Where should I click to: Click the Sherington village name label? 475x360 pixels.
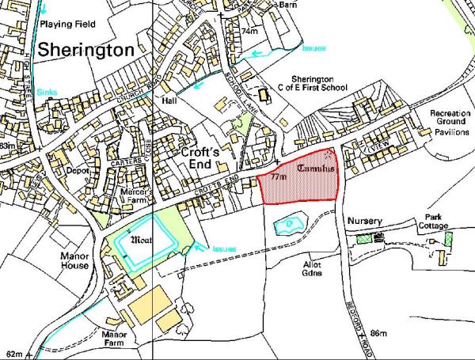click(x=86, y=51)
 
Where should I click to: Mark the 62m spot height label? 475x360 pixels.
click(x=14, y=352)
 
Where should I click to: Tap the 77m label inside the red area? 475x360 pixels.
click(x=277, y=177)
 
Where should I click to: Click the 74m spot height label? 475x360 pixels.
click(x=250, y=31)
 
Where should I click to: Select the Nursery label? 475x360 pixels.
click(x=364, y=221)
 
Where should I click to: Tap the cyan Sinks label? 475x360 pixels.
click(x=48, y=93)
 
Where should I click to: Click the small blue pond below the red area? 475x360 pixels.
click(x=287, y=226)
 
